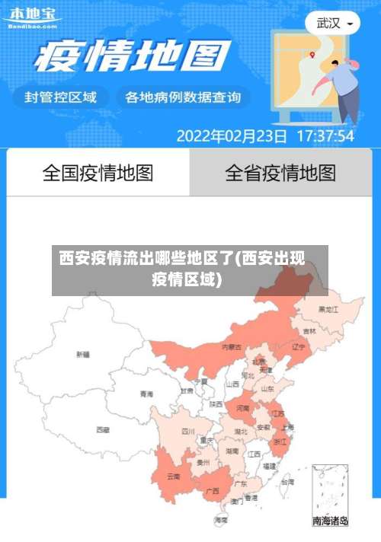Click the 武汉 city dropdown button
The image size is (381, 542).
click(x=333, y=23)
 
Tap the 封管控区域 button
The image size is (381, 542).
click(x=61, y=97)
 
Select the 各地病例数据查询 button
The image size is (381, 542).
click(x=183, y=97)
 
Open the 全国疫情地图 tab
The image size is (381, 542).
click(x=98, y=173)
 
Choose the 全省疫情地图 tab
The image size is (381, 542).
click(x=280, y=173)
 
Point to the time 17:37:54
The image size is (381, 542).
click(x=325, y=136)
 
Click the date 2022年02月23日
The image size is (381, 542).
click(x=232, y=136)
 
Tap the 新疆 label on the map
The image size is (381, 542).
click(x=83, y=354)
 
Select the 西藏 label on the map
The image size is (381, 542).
click(x=103, y=429)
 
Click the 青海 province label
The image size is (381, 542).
click(x=146, y=394)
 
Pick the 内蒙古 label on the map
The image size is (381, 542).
click(x=232, y=346)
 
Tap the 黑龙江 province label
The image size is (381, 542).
click(x=328, y=310)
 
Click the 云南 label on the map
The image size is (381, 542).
click(x=174, y=477)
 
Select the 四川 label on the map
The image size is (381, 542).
click(x=188, y=431)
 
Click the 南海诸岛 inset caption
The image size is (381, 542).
click(x=331, y=521)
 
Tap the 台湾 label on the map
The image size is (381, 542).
click(x=287, y=482)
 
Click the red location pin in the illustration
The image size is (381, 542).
click(x=312, y=54)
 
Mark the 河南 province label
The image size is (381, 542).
click(x=243, y=408)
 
